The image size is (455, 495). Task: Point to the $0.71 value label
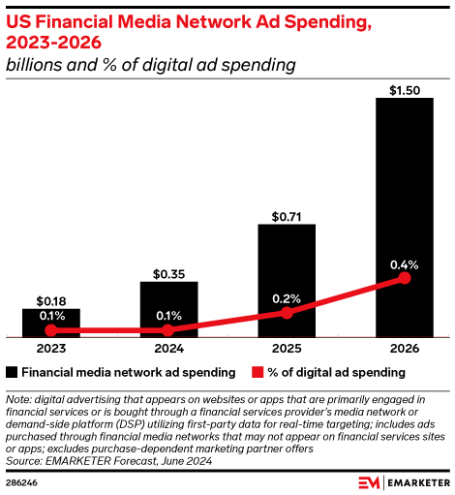coord(287,215)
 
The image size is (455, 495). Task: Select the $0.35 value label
coord(168,272)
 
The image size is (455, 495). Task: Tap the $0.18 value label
coord(50,300)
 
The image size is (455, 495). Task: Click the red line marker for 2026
coord(404,279)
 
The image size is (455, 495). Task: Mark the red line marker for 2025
coord(287,313)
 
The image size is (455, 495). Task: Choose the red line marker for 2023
coord(50,330)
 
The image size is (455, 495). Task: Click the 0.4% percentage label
coord(404,262)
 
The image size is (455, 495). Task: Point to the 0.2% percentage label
coord(287,297)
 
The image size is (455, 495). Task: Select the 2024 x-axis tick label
coord(168,348)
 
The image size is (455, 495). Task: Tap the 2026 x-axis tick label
coord(404,348)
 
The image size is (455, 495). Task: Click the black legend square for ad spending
coord(12,372)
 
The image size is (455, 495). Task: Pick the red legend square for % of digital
coord(258,372)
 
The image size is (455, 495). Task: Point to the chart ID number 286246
coord(22,480)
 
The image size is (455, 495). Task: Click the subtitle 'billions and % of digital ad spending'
coord(150,65)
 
